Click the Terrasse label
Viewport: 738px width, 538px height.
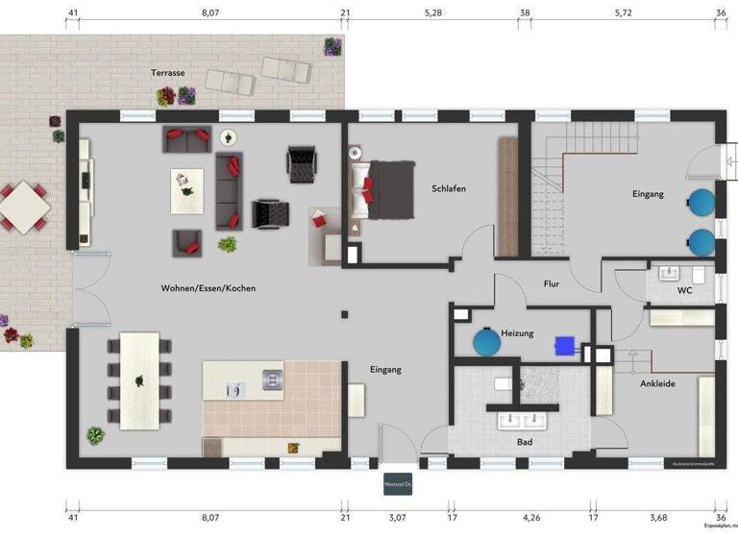(x=167, y=73)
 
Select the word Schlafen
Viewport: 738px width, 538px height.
(x=449, y=189)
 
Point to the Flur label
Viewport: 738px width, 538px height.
(x=551, y=284)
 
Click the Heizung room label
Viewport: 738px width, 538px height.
(x=517, y=333)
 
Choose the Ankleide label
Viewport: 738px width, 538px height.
(x=658, y=384)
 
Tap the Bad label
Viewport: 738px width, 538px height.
(x=524, y=443)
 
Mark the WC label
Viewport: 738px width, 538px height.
(x=685, y=289)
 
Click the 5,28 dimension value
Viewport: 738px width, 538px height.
(x=433, y=13)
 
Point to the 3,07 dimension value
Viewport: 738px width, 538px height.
(x=397, y=518)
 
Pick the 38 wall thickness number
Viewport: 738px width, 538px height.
(x=525, y=13)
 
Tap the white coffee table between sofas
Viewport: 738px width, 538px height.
(x=187, y=190)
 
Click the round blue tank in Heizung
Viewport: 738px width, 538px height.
(x=487, y=343)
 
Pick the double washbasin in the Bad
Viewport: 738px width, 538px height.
(x=521, y=419)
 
